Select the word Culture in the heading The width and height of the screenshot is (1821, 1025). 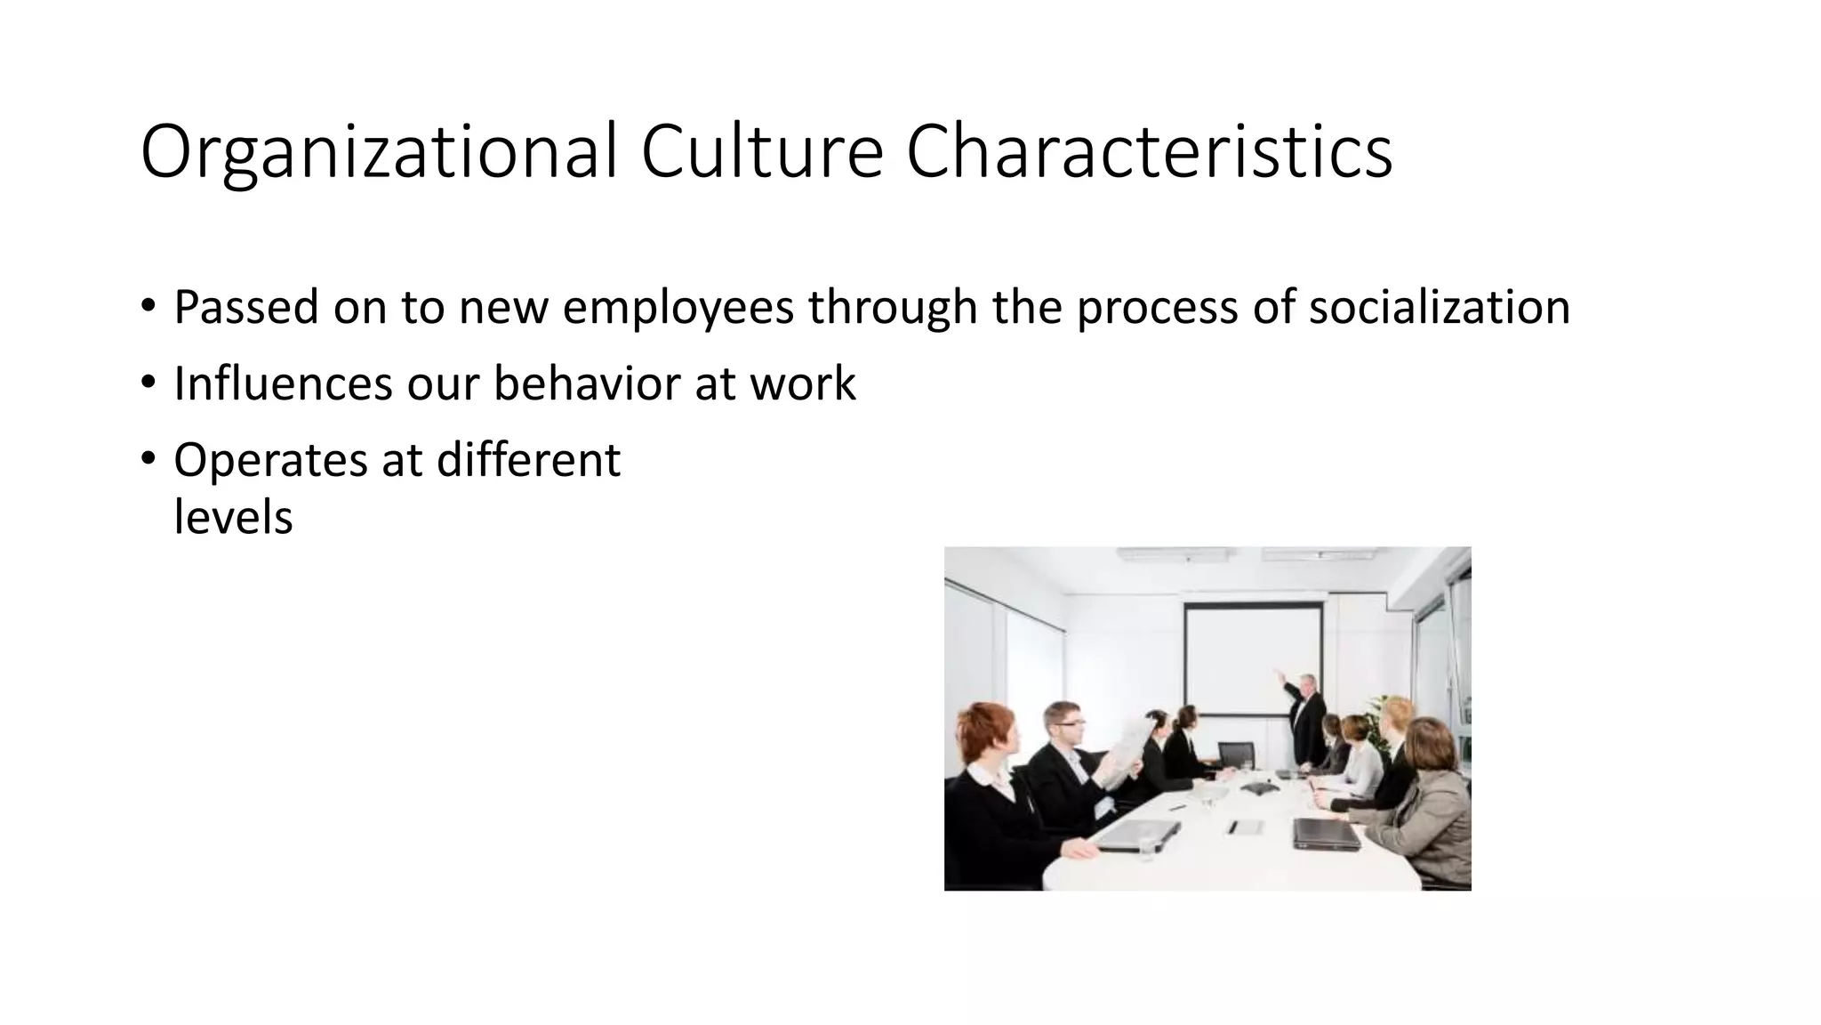tap(761, 151)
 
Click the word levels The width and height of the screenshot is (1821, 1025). tap(233, 517)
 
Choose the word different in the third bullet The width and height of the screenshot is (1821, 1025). tap(528, 460)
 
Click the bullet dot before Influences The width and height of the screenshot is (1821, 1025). tap(148, 383)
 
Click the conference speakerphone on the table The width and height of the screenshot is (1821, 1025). tap(1257, 788)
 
